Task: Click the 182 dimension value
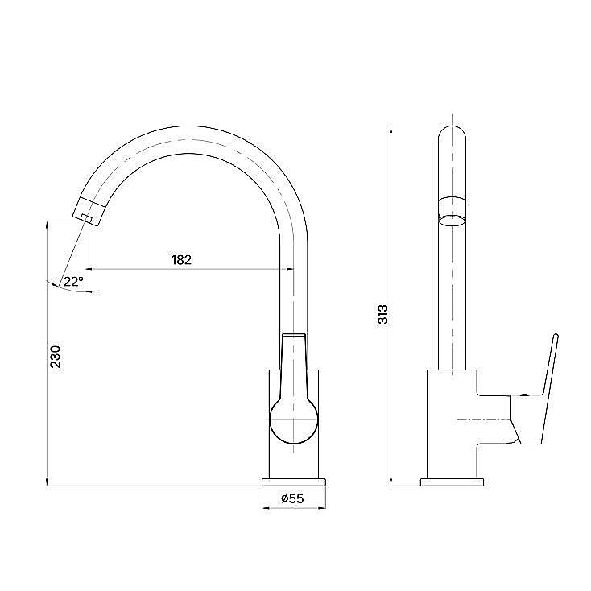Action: [182, 260]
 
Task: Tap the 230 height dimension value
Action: [55, 357]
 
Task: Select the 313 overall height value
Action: [382, 314]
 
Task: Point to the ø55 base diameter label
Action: [292, 498]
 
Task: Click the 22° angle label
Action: [73, 281]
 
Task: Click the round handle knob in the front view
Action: [294, 419]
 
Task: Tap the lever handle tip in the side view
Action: [556, 336]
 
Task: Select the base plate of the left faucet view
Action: [294, 482]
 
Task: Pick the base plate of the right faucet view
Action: [452, 482]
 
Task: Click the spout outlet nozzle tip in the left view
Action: [87, 218]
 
